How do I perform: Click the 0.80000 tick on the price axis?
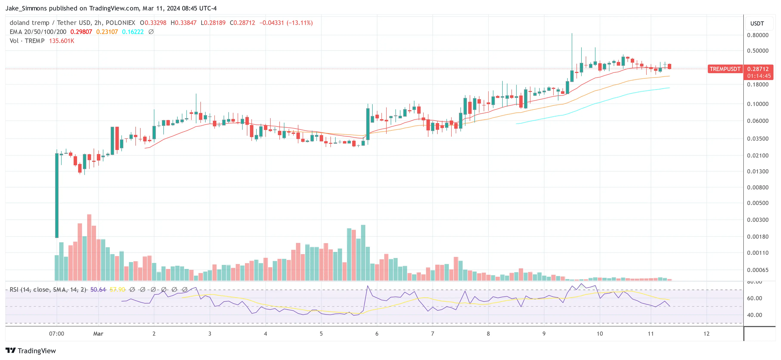[x=757, y=35]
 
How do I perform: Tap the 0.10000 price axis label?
[x=757, y=104]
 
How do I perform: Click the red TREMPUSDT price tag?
[x=725, y=69]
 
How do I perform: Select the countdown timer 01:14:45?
[x=759, y=76]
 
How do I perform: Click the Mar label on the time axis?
[x=98, y=334]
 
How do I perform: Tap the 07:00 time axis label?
[x=57, y=334]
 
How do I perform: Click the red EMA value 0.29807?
[x=81, y=32]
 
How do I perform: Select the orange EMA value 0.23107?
[x=107, y=32]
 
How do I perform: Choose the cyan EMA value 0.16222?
[x=133, y=32]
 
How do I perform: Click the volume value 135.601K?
[x=62, y=41]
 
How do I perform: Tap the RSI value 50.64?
[x=98, y=290]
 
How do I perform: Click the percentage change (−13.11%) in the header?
[x=299, y=23]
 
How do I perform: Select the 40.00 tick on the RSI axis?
[x=754, y=315]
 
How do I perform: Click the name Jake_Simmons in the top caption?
[x=26, y=8]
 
